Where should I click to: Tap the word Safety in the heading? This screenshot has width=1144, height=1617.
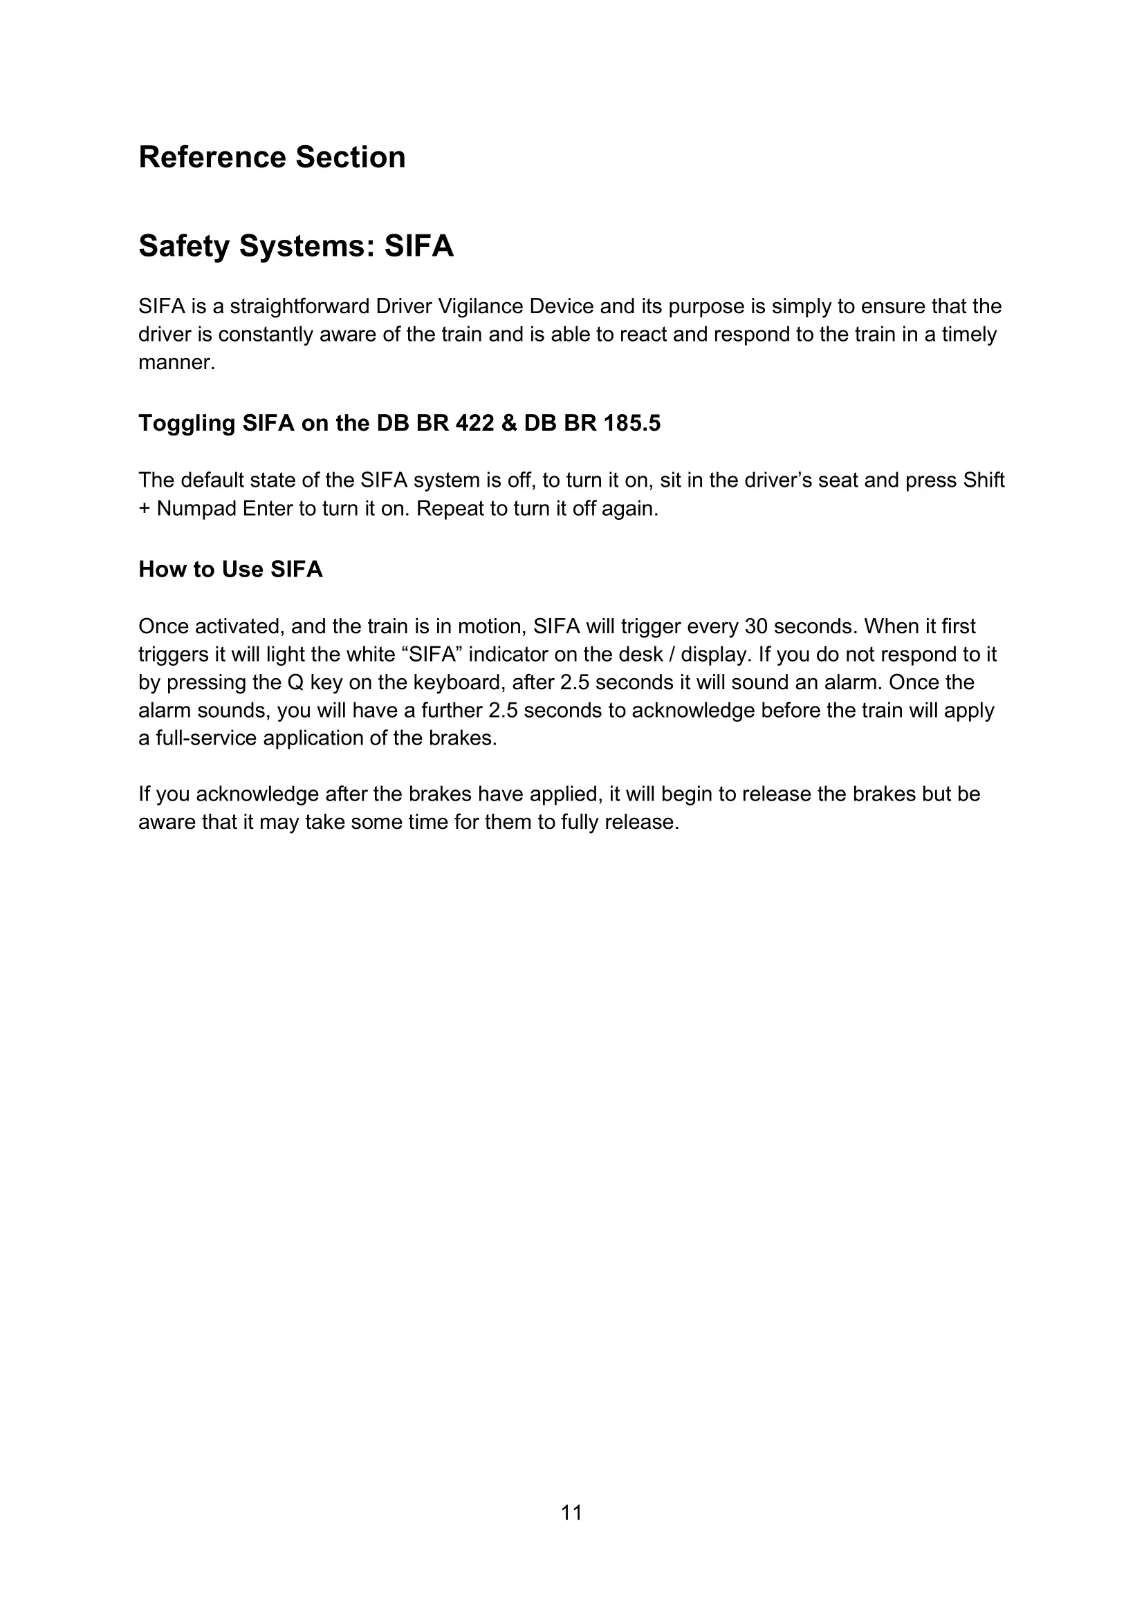[x=184, y=247]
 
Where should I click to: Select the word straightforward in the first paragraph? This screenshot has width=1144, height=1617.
[x=299, y=306]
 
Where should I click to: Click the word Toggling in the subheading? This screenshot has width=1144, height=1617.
[x=187, y=423]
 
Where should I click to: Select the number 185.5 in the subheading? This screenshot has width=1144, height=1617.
[x=632, y=423]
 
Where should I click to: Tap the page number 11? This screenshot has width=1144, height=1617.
[x=571, y=1513]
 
